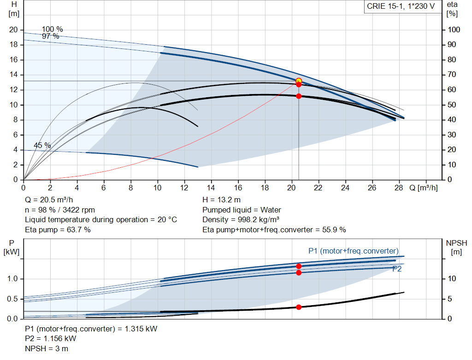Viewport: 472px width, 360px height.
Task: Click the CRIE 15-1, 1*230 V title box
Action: click(x=401, y=6)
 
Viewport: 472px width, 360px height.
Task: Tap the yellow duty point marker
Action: click(x=299, y=81)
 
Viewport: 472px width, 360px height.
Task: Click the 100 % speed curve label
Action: click(x=53, y=30)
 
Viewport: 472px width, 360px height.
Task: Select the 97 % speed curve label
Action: click(x=51, y=36)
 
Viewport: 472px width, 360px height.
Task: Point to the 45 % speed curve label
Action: click(x=42, y=146)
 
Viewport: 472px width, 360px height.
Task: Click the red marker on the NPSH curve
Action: click(x=299, y=307)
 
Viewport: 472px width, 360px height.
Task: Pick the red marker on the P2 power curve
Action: click(x=299, y=273)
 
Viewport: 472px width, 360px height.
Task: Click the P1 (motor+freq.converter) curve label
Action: click(x=353, y=251)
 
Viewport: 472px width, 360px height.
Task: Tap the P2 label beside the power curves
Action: click(x=396, y=269)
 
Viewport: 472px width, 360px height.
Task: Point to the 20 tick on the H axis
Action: click(x=13, y=30)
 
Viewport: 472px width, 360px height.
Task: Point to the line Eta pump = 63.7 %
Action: click(x=58, y=230)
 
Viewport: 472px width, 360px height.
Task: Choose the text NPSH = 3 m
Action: click(x=47, y=348)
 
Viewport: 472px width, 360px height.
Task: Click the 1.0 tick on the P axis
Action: click(x=12, y=279)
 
